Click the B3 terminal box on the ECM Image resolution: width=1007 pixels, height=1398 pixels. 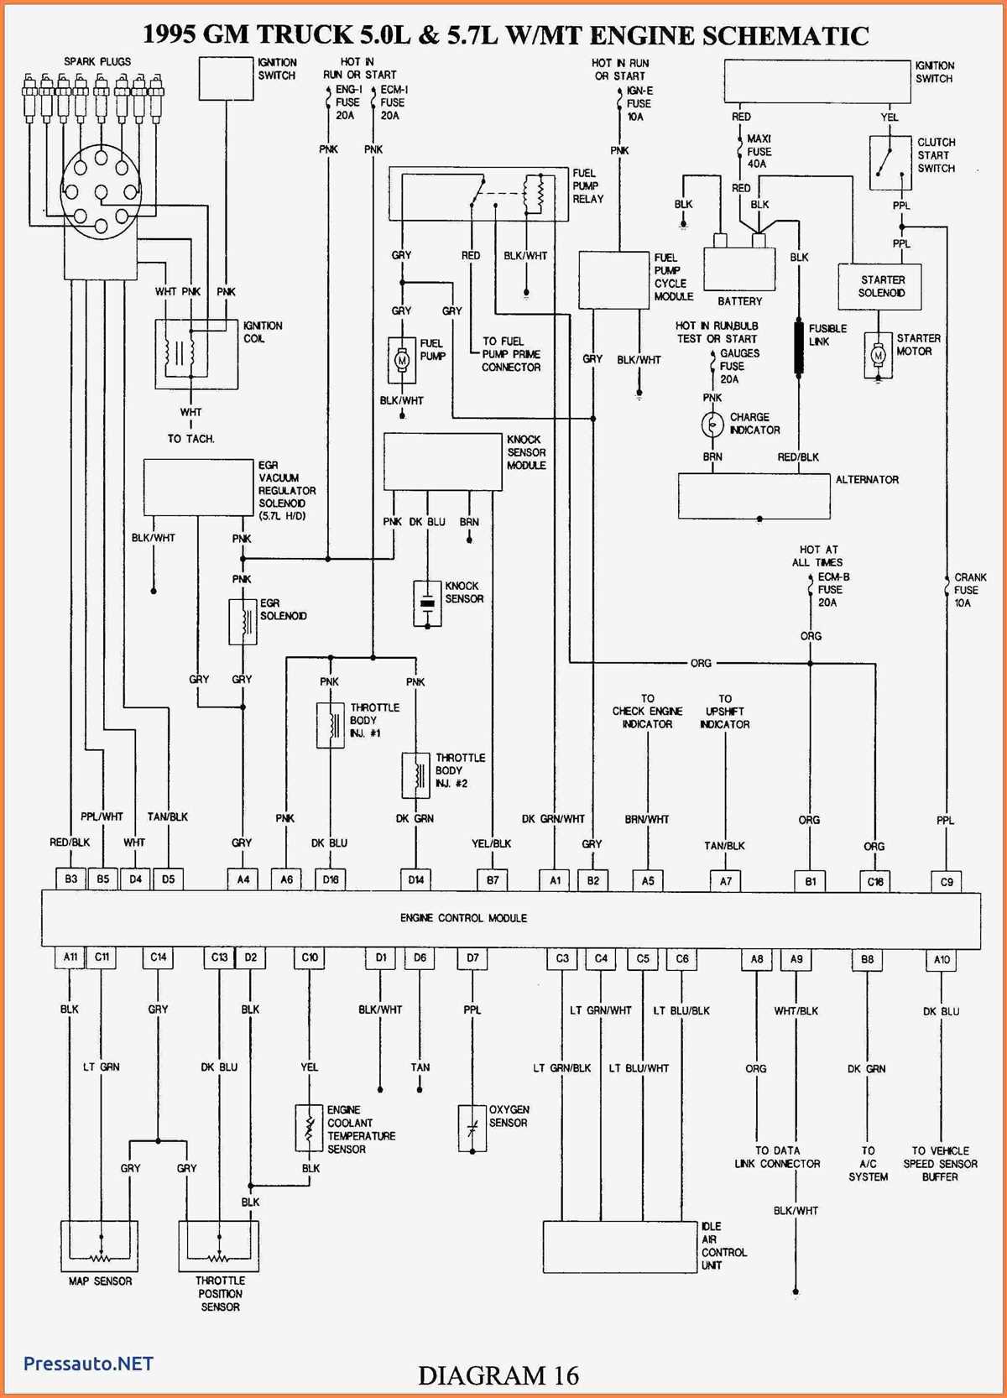point(70,879)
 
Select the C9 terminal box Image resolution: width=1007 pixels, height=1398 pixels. point(946,881)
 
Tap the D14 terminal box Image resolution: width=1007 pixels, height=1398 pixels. point(415,879)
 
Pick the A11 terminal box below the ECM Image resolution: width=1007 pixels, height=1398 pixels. point(70,957)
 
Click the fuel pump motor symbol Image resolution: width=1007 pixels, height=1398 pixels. point(401,359)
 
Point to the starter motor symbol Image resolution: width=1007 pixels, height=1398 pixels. point(878,356)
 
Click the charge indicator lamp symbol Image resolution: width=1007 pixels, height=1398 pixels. point(712,425)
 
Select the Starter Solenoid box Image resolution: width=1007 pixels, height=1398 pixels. point(879,287)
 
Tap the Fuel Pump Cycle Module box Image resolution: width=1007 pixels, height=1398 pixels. point(613,279)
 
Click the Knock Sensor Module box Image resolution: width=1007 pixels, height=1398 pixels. point(442,462)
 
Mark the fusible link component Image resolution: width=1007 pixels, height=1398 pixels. point(800,346)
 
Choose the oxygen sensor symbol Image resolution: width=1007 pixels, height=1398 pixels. point(472,1128)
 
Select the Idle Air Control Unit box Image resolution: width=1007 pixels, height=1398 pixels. point(620,1246)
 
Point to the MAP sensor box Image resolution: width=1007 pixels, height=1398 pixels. point(99,1245)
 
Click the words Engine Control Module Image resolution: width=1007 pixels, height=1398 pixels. point(463,918)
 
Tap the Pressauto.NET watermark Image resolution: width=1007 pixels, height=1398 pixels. point(88,1364)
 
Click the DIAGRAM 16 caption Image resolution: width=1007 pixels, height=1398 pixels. point(498,1375)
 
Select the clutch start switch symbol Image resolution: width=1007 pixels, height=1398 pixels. point(890,163)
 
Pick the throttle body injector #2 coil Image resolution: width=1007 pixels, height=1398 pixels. point(415,775)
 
